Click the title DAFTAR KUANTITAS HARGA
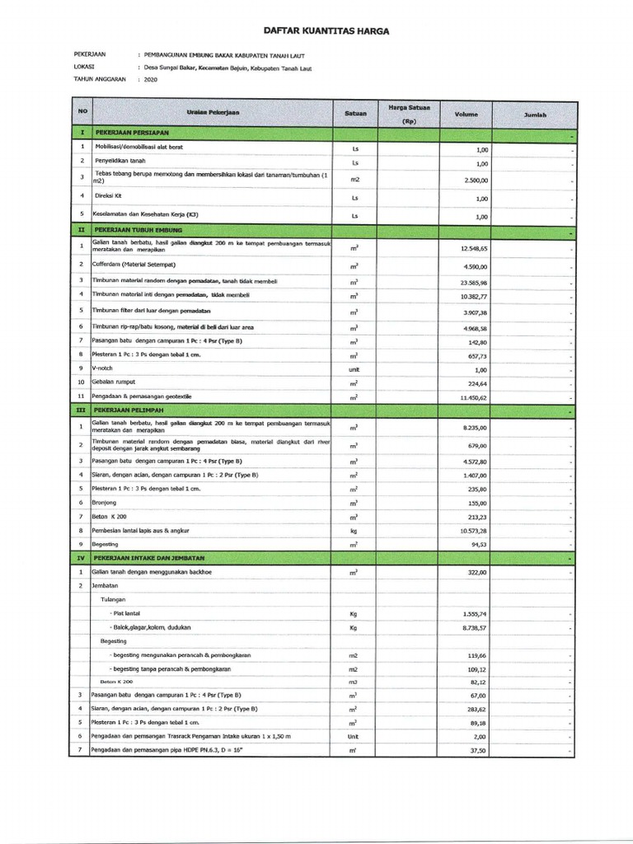(325, 30)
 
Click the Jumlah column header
(536, 115)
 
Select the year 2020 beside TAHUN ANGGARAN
(150, 79)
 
